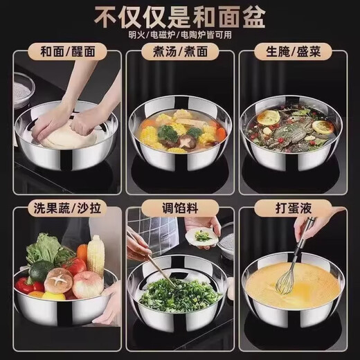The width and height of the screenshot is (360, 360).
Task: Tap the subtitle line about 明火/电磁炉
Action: click(179, 35)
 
